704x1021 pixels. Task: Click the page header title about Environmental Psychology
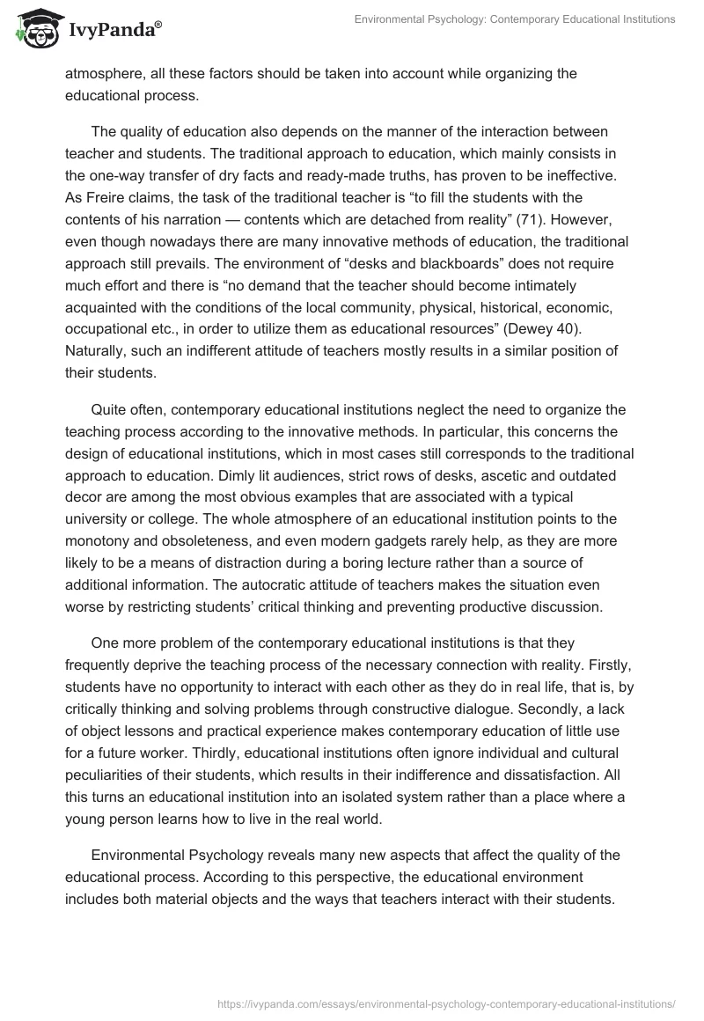515,18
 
